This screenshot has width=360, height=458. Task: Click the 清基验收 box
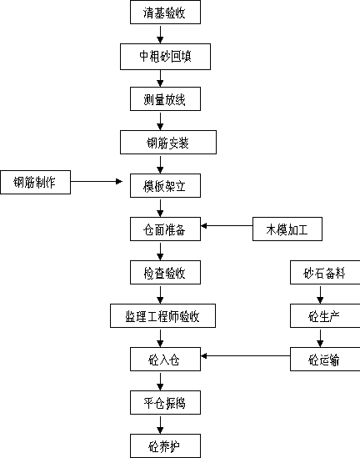(165, 13)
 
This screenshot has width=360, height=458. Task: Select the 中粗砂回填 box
(165, 57)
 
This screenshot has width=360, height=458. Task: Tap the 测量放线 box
(165, 99)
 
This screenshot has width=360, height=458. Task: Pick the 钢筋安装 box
(168, 143)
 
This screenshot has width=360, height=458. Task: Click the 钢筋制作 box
(35, 182)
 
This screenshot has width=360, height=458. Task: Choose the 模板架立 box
(165, 186)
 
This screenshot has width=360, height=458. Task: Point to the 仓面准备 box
(165, 229)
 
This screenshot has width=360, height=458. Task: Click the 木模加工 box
(287, 229)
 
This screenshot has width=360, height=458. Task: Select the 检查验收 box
(165, 273)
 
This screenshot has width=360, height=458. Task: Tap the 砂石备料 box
(325, 273)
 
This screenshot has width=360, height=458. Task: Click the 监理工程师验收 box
(162, 315)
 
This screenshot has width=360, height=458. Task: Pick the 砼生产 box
(325, 315)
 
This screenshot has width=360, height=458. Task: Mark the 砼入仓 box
(165, 360)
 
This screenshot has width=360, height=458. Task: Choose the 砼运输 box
(325, 360)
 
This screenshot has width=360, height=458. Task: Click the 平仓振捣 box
(165, 402)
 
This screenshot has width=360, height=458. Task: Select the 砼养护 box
(165, 445)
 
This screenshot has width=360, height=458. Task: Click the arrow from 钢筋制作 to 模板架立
(97, 181)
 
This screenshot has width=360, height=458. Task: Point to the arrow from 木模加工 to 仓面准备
(227, 226)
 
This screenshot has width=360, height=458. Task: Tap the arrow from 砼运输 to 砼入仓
(245, 355)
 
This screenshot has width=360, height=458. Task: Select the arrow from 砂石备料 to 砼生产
(320, 294)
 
